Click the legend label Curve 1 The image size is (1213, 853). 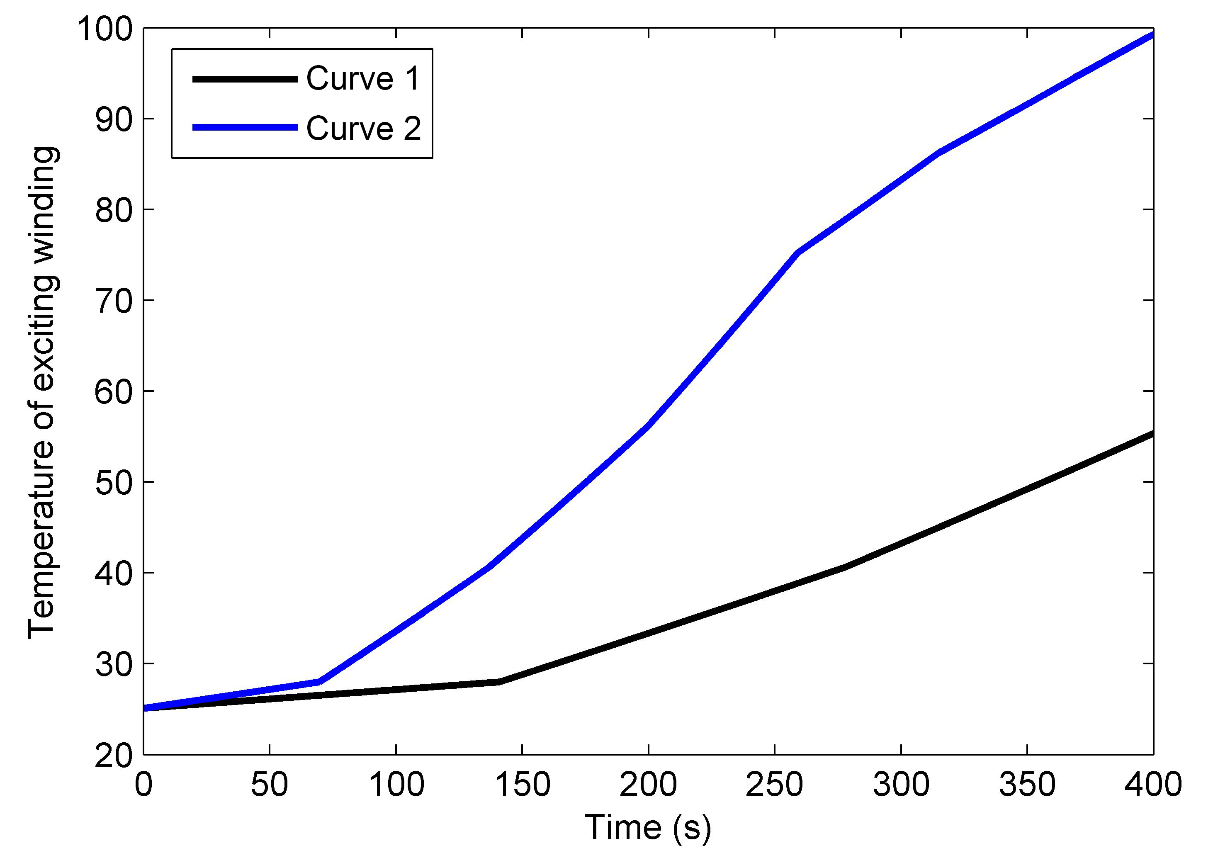(363, 79)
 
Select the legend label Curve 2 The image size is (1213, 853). (363, 129)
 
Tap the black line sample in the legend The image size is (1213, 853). (245, 79)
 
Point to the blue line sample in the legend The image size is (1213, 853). (245, 128)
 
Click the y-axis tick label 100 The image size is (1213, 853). (104, 29)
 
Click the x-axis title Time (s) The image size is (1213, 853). (648, 828)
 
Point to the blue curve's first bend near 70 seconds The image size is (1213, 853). (319, 682)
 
